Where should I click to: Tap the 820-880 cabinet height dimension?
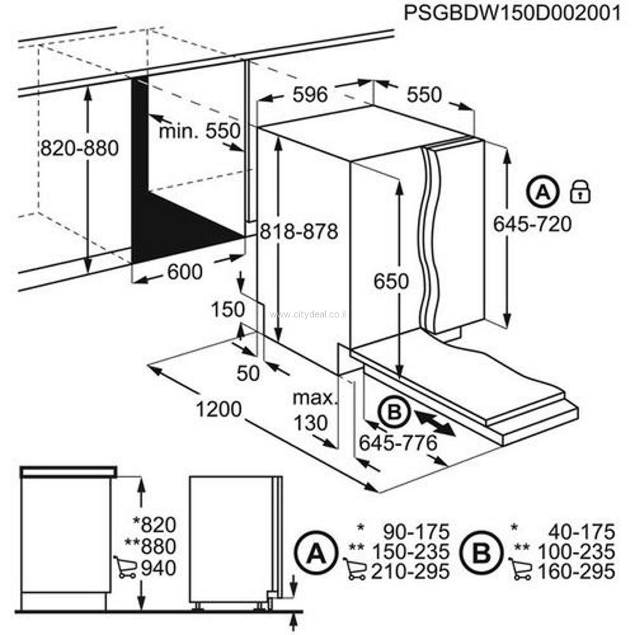click(79, 149)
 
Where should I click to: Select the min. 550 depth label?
click(199, 131)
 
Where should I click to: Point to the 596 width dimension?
click(311, 95)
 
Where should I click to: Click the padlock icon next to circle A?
click(580, 190)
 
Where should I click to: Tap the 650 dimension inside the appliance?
click(391, 281)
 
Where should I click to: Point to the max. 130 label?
click(313, 410)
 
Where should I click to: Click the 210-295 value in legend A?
click(415, 570)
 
